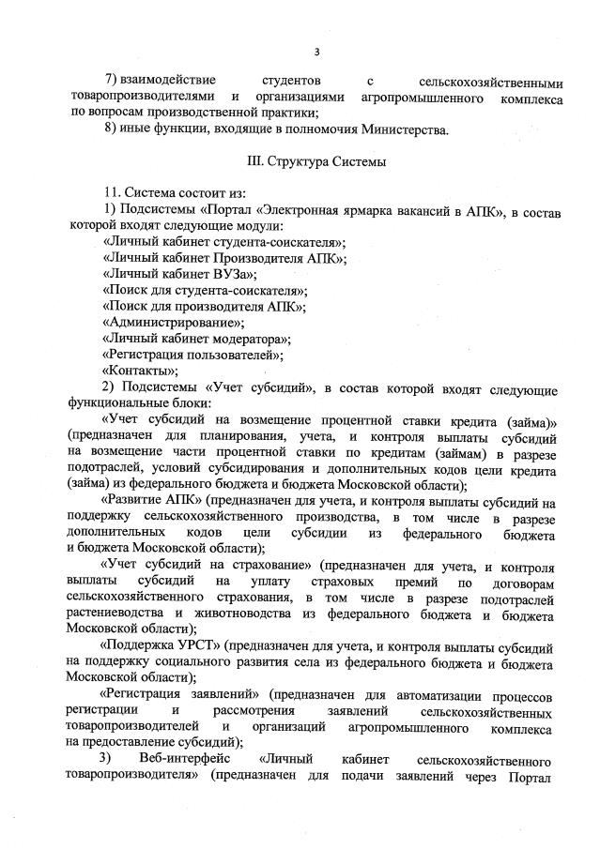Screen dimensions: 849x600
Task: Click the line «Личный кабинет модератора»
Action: pos(195,338)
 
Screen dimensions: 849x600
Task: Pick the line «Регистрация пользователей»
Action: pos(192,354)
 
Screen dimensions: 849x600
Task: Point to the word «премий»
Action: pos(412,582)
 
